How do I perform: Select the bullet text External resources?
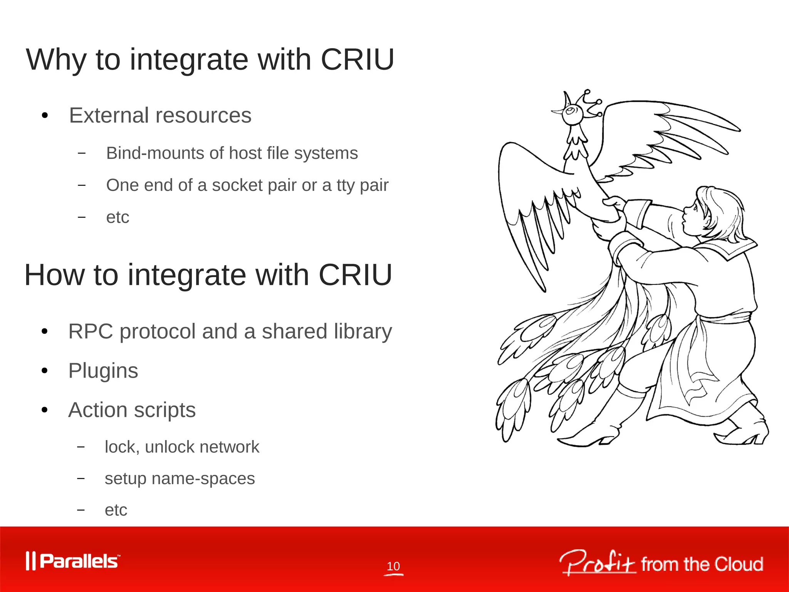[160, 115]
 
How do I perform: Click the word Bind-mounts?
[155, 153]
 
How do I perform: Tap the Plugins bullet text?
[103, 371]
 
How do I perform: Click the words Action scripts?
[132, 410]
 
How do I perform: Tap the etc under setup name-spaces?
[116, 510]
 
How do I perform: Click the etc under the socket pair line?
[118, 217]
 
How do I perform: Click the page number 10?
[393, 566]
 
